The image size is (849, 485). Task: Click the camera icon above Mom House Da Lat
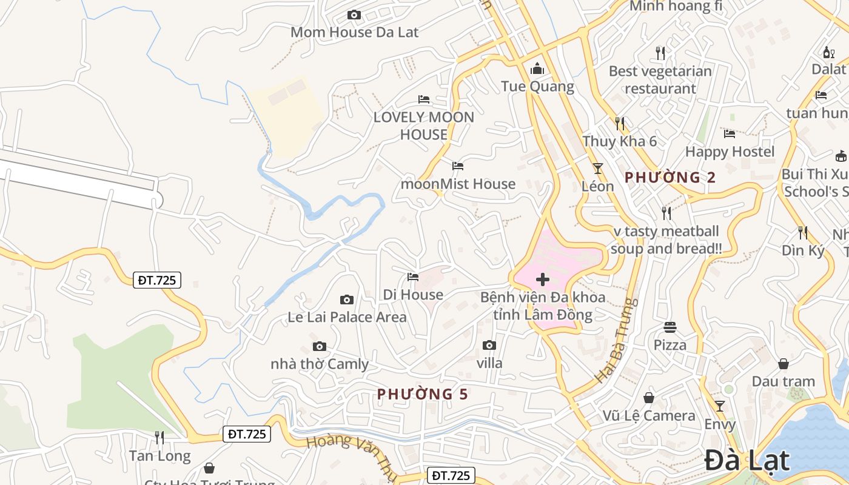[x=354, y=15]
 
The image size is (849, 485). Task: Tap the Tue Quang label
[x=537, y=86]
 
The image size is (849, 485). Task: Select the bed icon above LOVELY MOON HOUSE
[x=424, y=99]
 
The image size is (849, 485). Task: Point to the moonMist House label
[x=458, y=183]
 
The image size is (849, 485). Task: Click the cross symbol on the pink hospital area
[x=543, y=279]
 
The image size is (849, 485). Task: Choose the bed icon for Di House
[x=413, y=277]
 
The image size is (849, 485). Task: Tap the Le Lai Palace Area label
[x=347, y=316]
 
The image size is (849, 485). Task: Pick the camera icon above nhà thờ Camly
[x=320, y=347]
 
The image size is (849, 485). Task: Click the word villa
[x=489, y=363]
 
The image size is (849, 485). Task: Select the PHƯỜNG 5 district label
[x=422, y=394]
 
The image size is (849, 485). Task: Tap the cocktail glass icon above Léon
[x=598, y=168]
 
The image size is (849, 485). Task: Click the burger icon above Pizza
[x=670, y=327]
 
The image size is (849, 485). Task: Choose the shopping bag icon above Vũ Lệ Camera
[x=649, y=398]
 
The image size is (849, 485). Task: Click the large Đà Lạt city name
[x=748, y=460]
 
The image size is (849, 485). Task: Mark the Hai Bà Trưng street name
[x=616, y=339]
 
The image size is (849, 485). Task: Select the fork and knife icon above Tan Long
[x=159, y=436]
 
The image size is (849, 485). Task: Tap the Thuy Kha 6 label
[x=620, y=141]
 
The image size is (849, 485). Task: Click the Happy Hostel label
[x=730, y=151]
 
